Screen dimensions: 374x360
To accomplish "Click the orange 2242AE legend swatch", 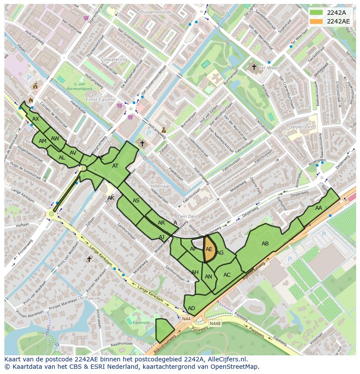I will click(317, 21).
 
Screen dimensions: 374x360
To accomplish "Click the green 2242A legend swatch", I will click(317, 13).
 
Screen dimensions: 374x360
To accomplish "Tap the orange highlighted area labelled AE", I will click(209, 249).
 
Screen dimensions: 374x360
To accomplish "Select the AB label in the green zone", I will click(265, 244).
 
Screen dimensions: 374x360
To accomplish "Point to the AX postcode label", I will click(36, 119).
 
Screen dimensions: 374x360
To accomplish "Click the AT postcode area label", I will click(115, 166).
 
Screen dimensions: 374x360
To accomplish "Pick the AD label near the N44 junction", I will click(191, 308).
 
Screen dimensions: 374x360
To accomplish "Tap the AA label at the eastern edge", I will click(319, 208).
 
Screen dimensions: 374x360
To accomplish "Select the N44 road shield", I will click(186, 319).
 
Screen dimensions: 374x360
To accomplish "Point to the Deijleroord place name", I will click(301, 127).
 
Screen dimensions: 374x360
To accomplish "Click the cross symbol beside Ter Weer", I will click(254, 67).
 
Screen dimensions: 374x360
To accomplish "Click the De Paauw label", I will click(89, 298).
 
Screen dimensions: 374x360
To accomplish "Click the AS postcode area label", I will click(136, 201).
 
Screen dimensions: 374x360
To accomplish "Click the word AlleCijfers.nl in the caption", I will click(230, 359).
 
